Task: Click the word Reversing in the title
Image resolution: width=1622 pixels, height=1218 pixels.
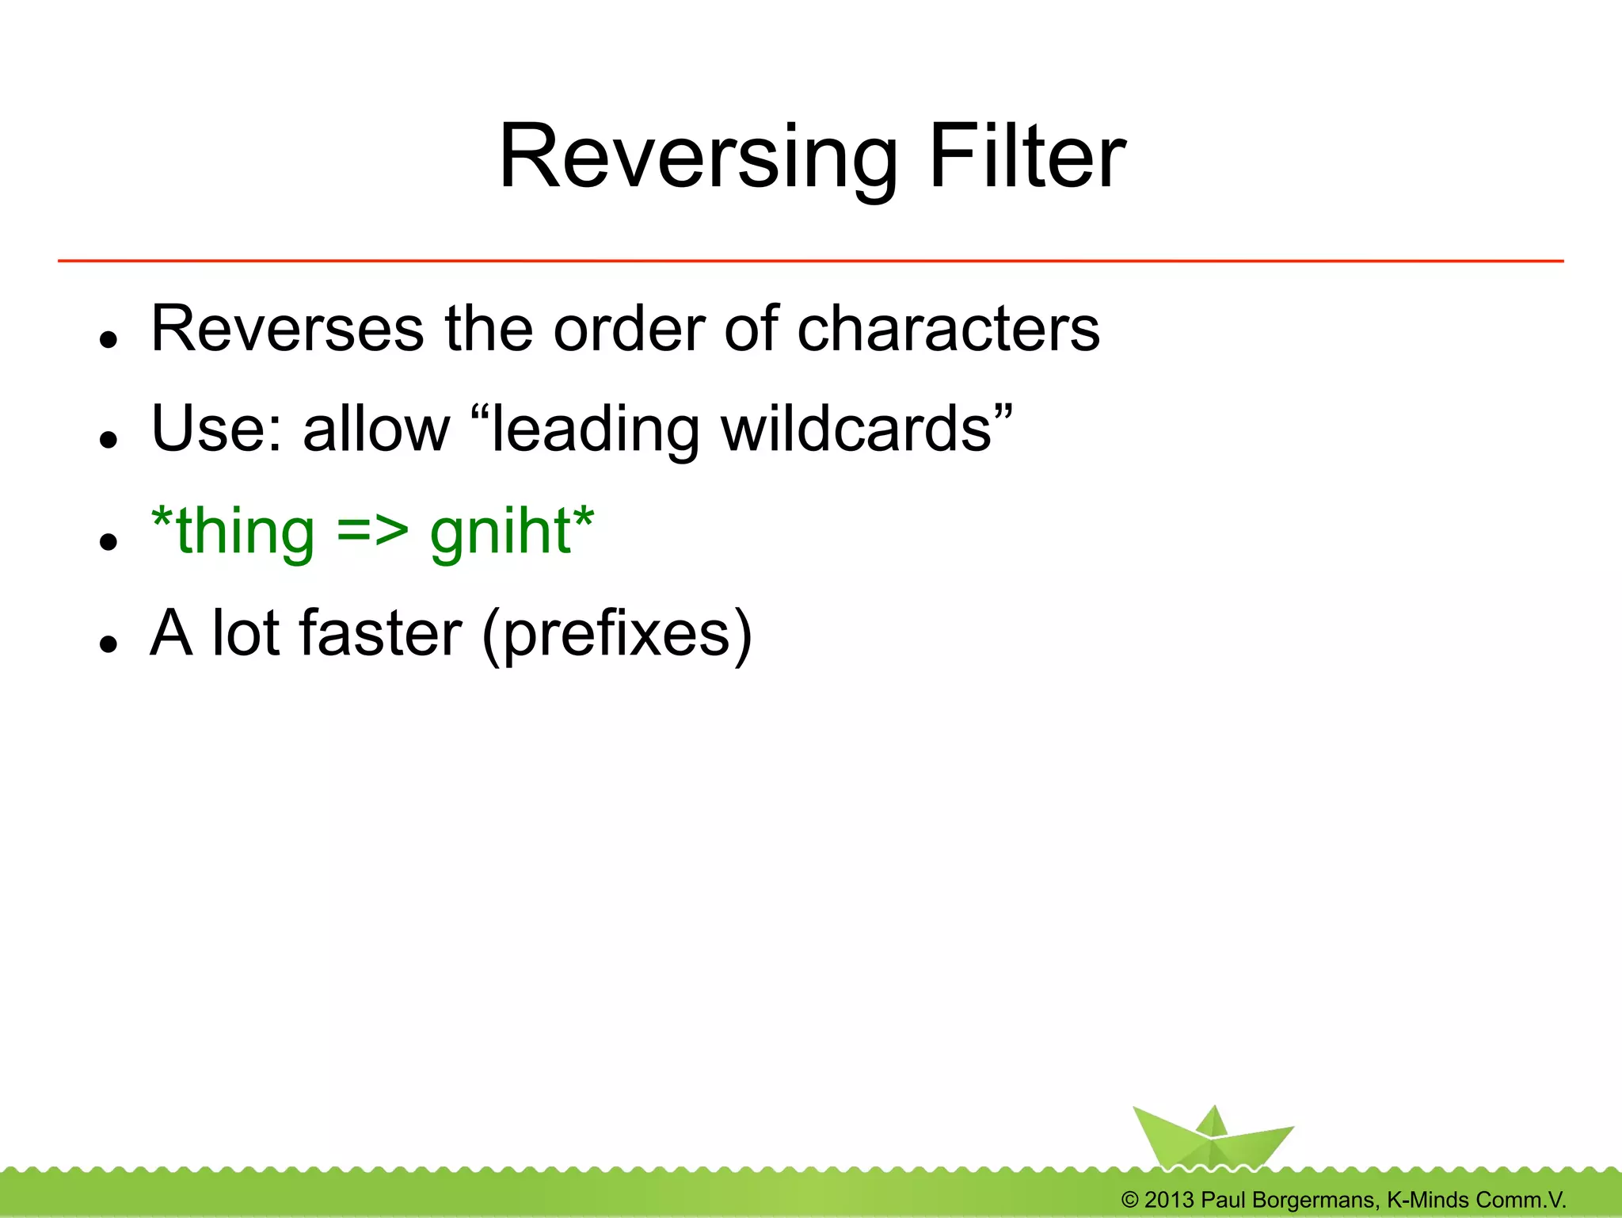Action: (x=697, y=158)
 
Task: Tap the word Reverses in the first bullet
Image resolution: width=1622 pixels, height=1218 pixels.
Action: (x=287, y=329)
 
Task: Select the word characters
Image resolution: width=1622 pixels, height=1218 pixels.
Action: (x=948, y=329)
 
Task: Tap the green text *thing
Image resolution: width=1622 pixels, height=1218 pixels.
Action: (x=233, y=531)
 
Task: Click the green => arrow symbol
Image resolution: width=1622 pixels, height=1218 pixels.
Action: (x=372, y=531)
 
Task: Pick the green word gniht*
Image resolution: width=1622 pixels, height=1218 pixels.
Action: (x=512, y=533)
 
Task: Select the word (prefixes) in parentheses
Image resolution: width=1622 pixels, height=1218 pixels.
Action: (x=617, y=635)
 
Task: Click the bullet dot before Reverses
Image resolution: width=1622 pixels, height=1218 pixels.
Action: (x=109, y=339)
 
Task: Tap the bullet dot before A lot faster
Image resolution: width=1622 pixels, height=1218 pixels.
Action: (x=109, y=643)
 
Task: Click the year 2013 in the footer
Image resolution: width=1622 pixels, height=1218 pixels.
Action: (x=1169, y=1200)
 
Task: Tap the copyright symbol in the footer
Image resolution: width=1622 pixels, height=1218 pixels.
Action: (x=1130, y=1200)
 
